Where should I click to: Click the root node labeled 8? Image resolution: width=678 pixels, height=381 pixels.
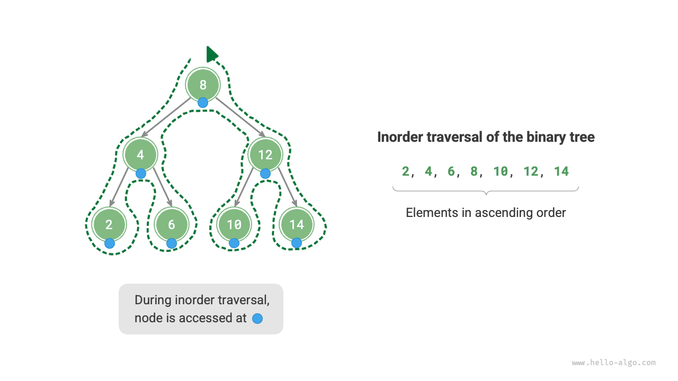(x=203, y=85)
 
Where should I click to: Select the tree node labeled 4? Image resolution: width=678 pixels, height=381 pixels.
(x=140, y=155)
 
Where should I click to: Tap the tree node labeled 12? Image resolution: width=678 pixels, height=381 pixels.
(x=265, y=155)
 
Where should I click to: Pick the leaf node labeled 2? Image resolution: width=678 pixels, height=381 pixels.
(x=109, y=224)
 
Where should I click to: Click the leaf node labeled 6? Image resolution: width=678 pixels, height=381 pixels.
(x=172, y=224)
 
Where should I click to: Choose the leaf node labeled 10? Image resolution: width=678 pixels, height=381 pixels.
(x=234, y=224)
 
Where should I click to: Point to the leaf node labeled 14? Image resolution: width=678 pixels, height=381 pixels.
(x=297, y=224)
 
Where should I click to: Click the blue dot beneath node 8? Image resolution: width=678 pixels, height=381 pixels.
(x=203, y=103)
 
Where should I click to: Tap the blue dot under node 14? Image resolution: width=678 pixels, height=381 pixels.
(x=297, y=243)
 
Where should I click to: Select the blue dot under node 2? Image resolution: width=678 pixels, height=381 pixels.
(x=109, y=243)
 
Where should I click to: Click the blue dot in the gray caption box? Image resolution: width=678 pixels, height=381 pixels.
(x=257, y=319)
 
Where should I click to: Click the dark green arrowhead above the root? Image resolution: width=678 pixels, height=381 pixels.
(x=211, y=54)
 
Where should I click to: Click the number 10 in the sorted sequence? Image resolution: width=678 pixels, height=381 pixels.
(x=501, y=171)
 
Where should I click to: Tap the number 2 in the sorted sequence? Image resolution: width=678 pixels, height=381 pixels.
(x=405, y=171)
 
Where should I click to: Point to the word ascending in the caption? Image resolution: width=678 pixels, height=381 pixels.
(x=501, y=213)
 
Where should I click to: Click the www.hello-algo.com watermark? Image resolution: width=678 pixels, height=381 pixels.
(x=614, y=363)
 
